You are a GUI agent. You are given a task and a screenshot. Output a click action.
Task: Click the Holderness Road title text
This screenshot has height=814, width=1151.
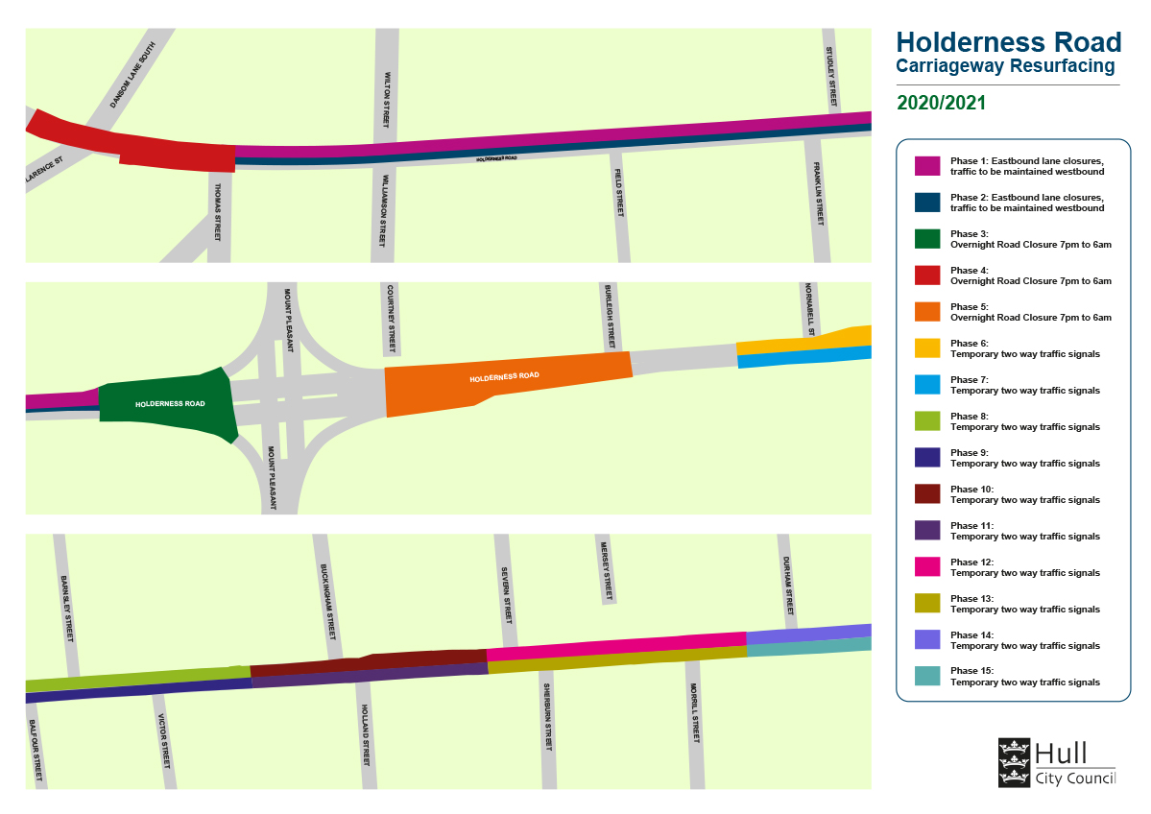click(x=1008, y=43)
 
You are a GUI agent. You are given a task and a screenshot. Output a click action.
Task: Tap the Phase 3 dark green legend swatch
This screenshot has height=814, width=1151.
click(x=926, y=239)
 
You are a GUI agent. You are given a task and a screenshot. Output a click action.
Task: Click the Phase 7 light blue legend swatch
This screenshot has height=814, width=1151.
click(x=926, y=385)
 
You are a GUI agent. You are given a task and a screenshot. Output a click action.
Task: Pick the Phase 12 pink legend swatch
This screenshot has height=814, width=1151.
click(x=926, y=567)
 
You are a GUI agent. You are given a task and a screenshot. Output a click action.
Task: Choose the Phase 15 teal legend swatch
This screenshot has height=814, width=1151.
click(x=926, y=677)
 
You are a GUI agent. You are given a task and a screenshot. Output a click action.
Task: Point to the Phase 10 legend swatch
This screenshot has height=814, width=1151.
click(x=926, y=494)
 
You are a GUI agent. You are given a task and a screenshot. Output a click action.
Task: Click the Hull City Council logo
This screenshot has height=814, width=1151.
click(x=1057, y=762)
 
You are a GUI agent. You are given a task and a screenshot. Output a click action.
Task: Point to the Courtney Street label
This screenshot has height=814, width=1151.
click(x=391, y=319)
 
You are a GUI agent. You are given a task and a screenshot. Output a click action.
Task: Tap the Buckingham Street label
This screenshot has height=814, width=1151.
click(x=327, y=602)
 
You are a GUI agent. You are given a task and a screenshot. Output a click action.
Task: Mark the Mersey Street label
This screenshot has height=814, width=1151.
click(x=606, y=566)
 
